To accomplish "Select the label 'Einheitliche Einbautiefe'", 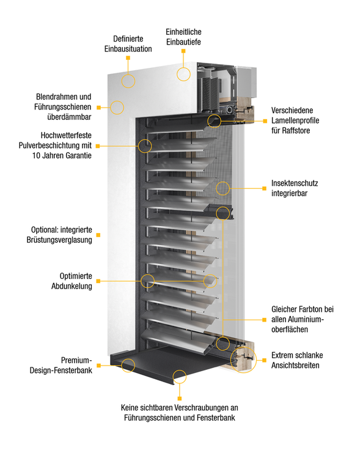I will [x=183, y=37].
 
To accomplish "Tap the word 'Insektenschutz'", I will [x=295, y=183].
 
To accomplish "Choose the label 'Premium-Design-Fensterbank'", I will [x=68, y=365].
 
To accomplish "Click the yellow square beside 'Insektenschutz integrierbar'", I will [x=264, y=188].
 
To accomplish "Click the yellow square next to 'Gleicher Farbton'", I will [x=264, y=319].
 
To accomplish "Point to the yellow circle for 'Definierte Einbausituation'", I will [x=128, y=79].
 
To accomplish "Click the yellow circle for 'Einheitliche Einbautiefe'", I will [x=184, y=74].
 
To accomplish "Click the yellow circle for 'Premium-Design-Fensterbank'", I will [x=128, y=366].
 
